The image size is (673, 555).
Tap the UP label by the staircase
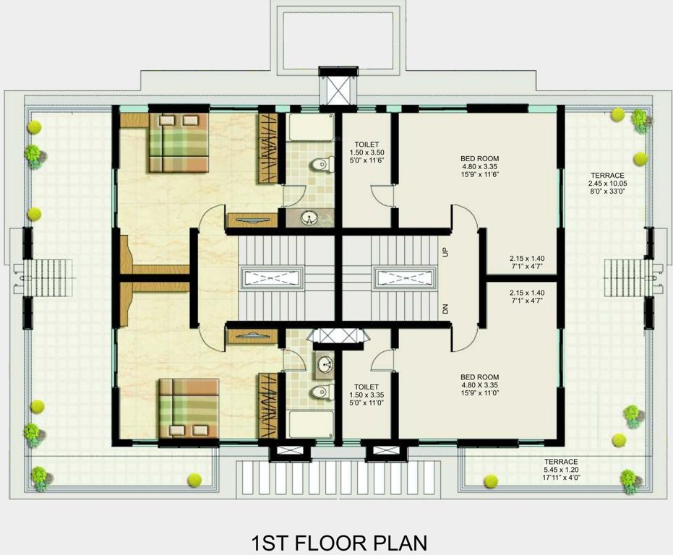(445, 251)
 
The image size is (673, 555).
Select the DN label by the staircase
(445, 309)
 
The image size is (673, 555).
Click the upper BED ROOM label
(480, 158)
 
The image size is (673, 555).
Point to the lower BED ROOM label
(480, 377)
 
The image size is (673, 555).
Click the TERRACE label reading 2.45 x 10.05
(607, 176)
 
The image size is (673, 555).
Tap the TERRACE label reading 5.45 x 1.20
(561, 462)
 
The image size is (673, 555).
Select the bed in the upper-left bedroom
(179, 142)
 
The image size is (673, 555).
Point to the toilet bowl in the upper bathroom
(320, 165)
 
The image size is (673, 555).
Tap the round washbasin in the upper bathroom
(309, 217)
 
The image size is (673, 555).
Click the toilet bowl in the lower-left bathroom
(319, 392)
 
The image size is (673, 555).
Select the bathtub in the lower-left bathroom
(309, 423)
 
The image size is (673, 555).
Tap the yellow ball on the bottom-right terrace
(492, 480)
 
